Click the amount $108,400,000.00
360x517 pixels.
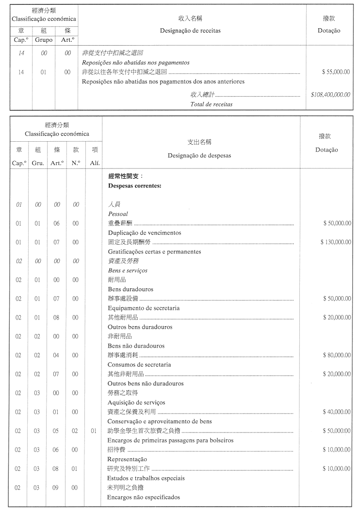(330, 95)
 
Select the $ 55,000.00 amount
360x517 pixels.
(336, 72)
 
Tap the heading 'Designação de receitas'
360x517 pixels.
(190, 31)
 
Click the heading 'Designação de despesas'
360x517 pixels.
(199, 155)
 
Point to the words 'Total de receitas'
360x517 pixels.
(211, 104)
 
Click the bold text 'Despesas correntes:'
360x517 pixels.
(134, 185)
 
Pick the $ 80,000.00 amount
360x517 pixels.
(337, 355)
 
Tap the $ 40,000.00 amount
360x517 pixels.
(337, 412)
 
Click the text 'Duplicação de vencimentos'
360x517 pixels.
(144, 233)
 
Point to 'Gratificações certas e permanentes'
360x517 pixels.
(154, 251)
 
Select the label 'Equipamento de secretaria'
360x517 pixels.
(144, 308)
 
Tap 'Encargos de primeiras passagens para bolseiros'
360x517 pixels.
(170, 440)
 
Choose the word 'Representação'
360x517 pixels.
(127, 459)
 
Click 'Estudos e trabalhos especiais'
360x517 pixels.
(146, 478)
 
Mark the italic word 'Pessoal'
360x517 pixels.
(118, 214)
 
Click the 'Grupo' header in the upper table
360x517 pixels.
(44, 40)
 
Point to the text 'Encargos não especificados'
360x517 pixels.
(144, 497)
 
